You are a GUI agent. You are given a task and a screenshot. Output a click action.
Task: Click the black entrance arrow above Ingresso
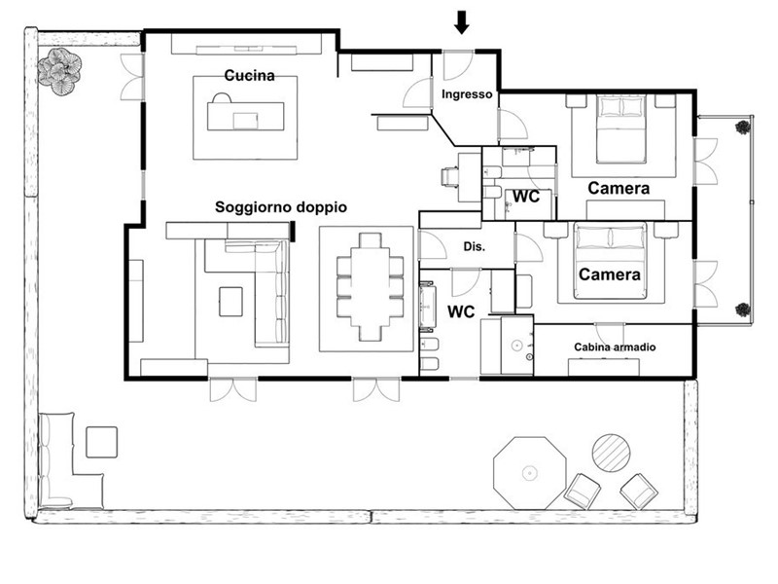tap(462, 22)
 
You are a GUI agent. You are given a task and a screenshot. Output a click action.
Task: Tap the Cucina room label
tap(249, 76)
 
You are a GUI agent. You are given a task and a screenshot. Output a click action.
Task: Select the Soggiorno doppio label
tap(281, 207)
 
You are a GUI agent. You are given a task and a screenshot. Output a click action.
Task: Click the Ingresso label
tap(467, 94)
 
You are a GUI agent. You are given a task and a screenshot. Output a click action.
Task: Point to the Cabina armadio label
tap(615, 347)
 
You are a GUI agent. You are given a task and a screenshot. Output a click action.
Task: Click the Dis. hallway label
tap(475, 247)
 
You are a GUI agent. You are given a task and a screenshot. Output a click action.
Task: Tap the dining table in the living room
tap(371, 287)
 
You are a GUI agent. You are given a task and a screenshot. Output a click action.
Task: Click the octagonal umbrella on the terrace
tap(529, 473)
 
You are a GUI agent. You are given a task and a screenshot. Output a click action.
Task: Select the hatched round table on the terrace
tap(612, 453)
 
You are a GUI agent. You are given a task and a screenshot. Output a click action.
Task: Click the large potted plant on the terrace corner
tap(59, 71)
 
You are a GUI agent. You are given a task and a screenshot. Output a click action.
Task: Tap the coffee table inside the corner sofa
tap(230, 302)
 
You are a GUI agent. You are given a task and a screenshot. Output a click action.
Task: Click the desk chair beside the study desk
tap(449, 177)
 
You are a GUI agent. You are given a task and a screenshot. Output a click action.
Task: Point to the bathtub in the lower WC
tap(427, 307)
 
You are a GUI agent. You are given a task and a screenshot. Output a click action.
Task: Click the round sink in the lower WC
tap(517, 345)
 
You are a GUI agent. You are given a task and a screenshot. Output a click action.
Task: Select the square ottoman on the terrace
tap(102, 442)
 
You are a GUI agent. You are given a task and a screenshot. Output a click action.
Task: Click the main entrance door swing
tap(457, 65)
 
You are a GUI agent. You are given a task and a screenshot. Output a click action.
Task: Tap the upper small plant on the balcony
tap(743, 128)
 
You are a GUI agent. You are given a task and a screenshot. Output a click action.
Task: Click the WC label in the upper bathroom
tap(526, 197)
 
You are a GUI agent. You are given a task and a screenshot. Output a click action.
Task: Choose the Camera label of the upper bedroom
tap(619, 188)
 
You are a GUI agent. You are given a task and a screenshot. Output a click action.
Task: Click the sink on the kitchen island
tap(246, 121)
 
